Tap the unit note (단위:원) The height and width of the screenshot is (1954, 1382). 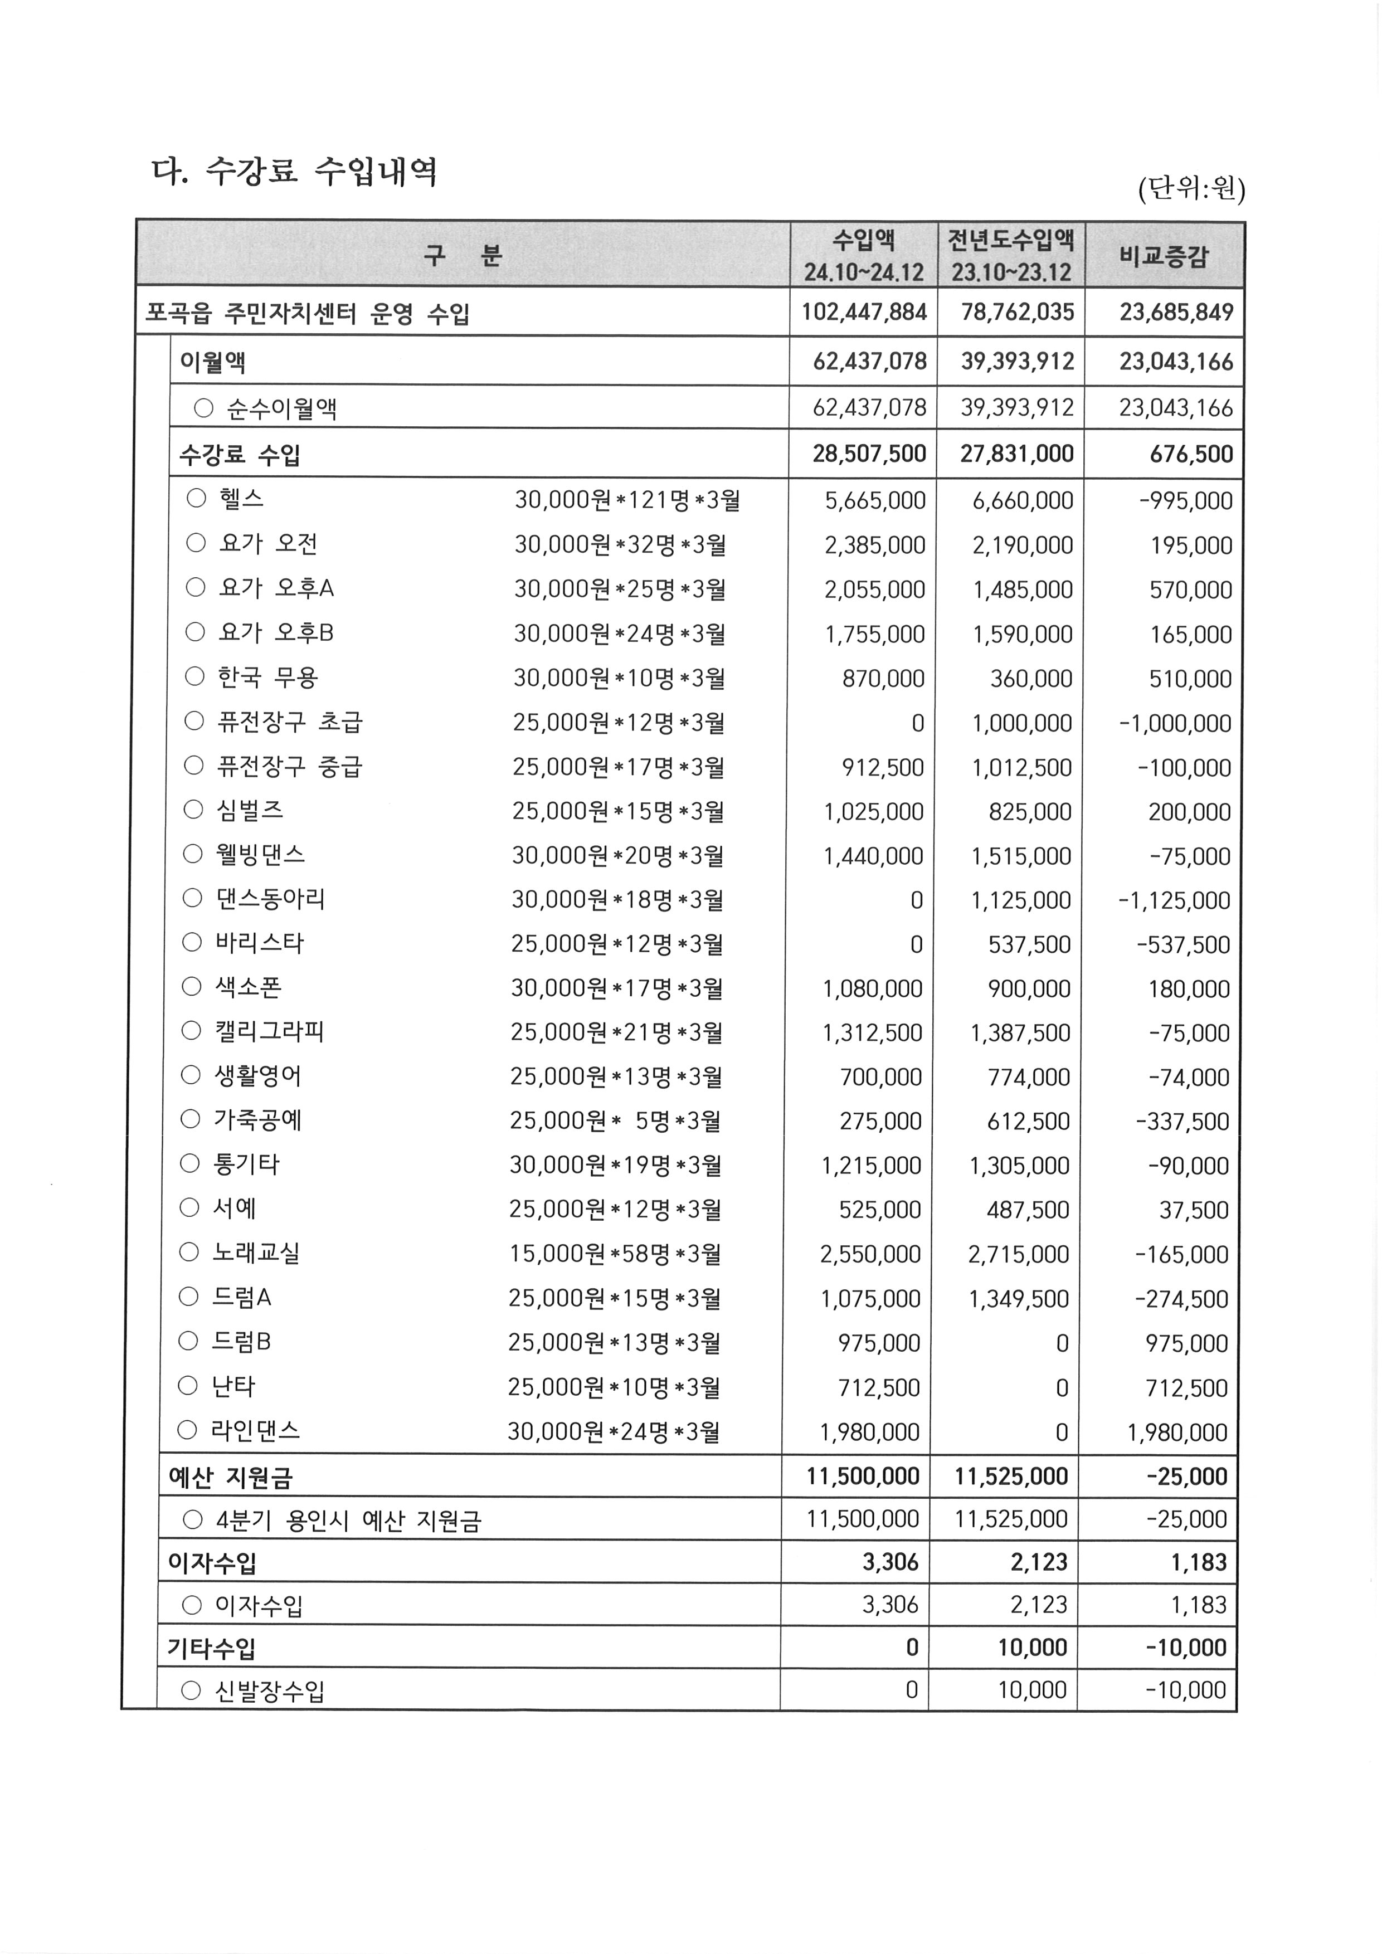1191,188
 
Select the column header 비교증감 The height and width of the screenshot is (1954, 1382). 1164,255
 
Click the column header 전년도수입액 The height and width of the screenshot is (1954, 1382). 1011,240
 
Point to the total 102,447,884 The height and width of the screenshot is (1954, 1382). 864,313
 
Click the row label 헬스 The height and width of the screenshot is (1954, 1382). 242,499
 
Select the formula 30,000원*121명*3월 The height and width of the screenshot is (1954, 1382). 627,500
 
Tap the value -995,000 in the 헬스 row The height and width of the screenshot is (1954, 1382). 1185,500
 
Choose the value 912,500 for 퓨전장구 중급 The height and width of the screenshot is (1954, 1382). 883,768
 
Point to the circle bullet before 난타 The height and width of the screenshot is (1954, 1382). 188,1386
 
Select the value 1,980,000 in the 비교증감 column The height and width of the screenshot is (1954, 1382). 1177,1432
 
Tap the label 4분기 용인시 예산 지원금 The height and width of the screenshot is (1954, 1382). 348,1521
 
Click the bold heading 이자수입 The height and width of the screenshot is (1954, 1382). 213,1562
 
